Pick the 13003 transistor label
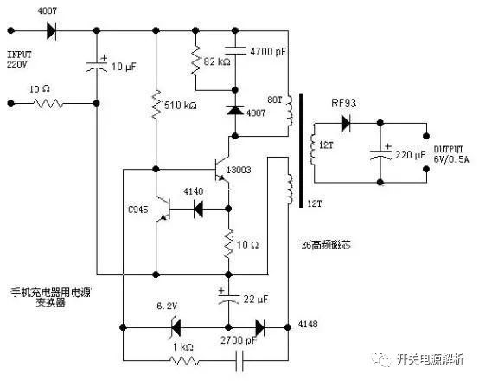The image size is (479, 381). [239, 170]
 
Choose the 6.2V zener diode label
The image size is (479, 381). [167, 307]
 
